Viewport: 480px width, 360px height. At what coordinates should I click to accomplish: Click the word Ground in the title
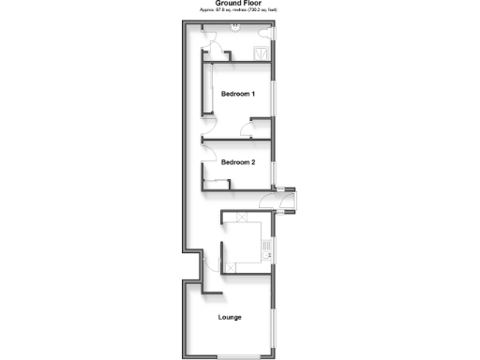pyautogui.click(x=227, y=4)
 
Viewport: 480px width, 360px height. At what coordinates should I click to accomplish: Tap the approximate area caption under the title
pyautogui.click(x=239, y=10)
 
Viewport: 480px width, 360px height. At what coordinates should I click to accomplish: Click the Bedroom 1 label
pyautogui.click(x=238, y=95)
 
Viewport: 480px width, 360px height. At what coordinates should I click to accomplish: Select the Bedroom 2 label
pyautogui.click(x=238, y=162)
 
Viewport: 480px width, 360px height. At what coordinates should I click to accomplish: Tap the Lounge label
pyautogui.click(x=230, y=317)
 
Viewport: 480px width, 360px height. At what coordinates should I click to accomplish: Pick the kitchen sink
pyautogui.click(x=266, y=248)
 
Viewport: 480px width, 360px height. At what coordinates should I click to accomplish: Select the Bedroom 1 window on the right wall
pyautogui.click(x=275, y=95)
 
